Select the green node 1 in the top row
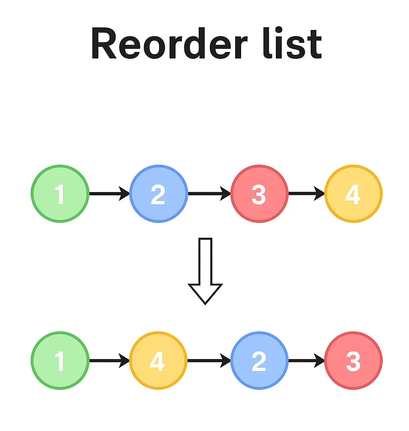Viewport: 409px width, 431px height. tap(60, 194)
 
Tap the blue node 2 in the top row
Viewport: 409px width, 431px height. tap(158, 194)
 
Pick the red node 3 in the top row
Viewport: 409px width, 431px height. tap(259, 194)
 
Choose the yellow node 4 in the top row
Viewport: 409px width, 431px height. tap(353, 194)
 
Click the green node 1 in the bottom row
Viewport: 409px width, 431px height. tap(60, 361)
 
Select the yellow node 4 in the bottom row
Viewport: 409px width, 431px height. tap(158, 361)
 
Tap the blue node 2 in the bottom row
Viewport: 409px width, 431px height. tap(259, 361)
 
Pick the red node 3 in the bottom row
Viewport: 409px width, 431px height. tap(353, 361)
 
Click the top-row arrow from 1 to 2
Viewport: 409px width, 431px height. tap(109, 194)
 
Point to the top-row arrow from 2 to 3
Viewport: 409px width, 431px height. tap(209, 194)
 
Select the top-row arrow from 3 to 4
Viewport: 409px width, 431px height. tap(306, 194)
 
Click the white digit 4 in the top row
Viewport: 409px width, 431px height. tap(353, 194)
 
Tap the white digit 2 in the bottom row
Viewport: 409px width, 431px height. tap(259, 361)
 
